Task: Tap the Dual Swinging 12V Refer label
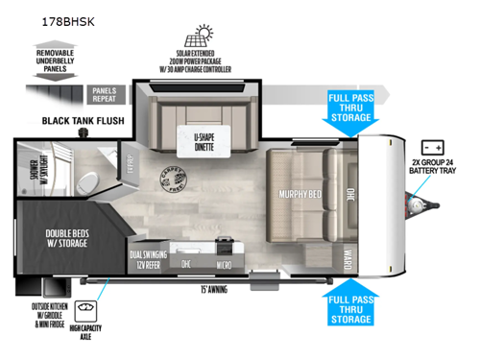coord(150,258)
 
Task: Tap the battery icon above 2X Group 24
coord(432,149)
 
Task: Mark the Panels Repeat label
coord(103,93)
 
